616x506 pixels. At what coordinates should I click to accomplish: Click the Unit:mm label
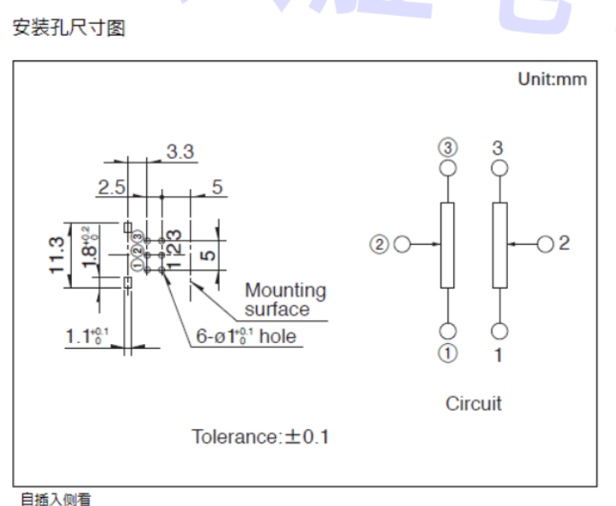point(552,79)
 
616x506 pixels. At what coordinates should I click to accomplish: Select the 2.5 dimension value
point(111,187)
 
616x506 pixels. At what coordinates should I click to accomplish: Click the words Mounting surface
point(285,300)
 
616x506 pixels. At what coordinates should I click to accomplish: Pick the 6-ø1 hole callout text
point(245,337)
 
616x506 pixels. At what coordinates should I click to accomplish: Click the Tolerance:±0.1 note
point(261,436)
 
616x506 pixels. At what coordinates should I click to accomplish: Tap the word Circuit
point(473,403)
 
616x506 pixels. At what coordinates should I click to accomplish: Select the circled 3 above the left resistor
point(448,148)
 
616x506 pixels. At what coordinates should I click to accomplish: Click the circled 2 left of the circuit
point(379,245)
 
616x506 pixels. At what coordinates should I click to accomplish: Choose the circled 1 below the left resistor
point(448,353)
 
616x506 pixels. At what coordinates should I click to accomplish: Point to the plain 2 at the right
point(564,243)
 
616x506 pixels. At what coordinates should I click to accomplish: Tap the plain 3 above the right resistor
point(499,147)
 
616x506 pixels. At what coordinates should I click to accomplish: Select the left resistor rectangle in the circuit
point(448,246)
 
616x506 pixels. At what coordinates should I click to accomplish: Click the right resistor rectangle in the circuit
point(499,246)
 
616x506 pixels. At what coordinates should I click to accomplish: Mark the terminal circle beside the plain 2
point(545,244)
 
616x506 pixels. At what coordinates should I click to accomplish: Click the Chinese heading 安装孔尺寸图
point(69,30)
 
